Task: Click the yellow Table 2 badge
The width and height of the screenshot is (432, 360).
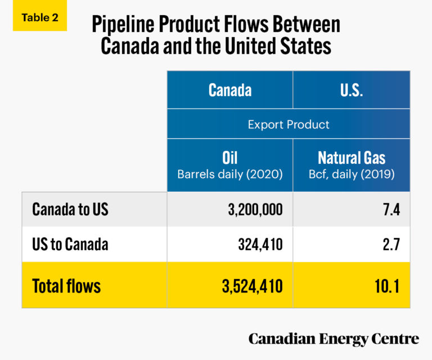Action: click(x=39, y=17)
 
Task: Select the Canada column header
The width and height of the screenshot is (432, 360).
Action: click(x=229, y=90)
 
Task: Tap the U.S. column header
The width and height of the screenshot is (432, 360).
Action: click(x=351, y=90)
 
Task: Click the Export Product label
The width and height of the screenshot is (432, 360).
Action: click(x=289, y=124)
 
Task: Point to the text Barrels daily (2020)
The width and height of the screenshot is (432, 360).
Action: click(x=229, y=174)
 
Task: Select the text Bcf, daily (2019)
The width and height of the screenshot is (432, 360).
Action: click(x=351, y=174)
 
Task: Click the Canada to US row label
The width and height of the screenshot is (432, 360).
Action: click(x=70, y=209)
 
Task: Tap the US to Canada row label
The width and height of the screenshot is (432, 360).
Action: click(x=70, y=244)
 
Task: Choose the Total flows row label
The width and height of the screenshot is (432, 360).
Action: click(x=66, y=286)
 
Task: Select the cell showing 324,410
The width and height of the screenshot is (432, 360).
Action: click(x=259, y=245)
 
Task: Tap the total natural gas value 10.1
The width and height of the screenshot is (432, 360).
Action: click(x=386, y=286)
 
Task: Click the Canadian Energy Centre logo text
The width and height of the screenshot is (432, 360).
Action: click(x=334, y=339)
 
